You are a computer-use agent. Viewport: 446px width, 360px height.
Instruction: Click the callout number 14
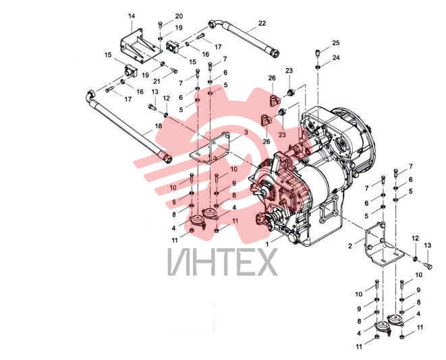click(131, 16)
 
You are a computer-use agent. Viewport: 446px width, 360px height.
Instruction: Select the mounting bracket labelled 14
click(140, 47)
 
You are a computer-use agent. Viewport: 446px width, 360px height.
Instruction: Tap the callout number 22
click(262, 23)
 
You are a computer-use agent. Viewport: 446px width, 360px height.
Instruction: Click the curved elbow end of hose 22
click(215, 24)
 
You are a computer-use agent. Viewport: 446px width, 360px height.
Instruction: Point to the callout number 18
click(158, 126)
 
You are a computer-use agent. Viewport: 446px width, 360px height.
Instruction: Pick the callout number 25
click(335, 43)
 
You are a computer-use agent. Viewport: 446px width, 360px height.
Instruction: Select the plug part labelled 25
click(318, 53)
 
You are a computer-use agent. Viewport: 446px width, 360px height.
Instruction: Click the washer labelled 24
click(318, 67)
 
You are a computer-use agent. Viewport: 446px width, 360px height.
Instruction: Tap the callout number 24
click(336, 57)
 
